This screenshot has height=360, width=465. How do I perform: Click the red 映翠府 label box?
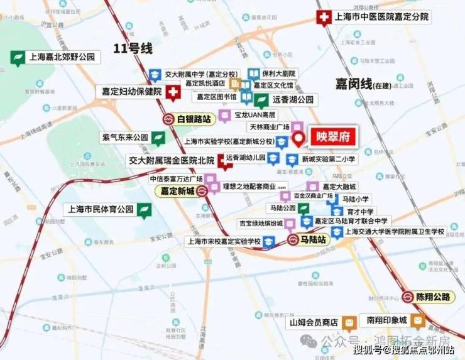pos(330,136)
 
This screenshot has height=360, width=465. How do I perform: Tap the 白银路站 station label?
pos(195,118)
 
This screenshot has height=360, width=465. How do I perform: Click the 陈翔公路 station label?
pos(434,297)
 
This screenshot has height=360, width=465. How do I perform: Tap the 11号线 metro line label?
pos(133,48)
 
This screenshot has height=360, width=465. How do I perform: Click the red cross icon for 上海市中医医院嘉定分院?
pos(324,18)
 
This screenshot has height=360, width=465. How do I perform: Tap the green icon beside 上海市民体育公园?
pos(145,209)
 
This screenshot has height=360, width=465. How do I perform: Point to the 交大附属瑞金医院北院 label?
pos(171,160)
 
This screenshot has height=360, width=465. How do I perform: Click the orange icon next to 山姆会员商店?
pos(349,323)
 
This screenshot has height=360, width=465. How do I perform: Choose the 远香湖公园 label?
pos(286,99)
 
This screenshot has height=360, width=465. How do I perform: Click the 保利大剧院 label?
pos(279,74)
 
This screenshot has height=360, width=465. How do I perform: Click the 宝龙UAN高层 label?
pos(255,116)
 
